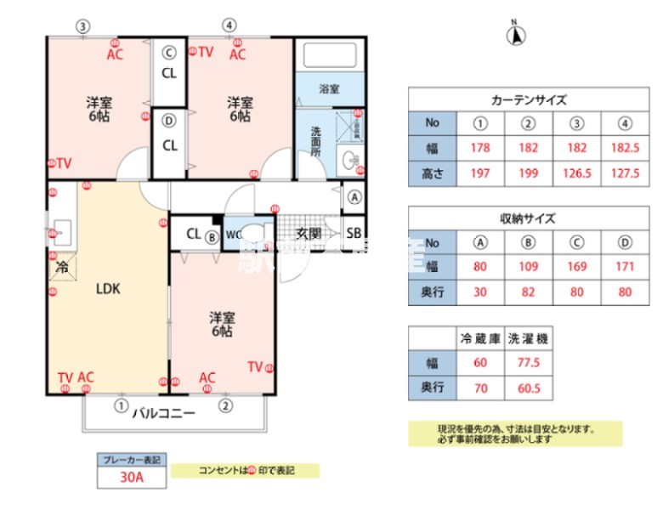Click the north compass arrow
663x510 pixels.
pyautogui.click(x=516, y=35)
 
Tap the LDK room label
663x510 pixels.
pyautogui.click(x=107, y=288)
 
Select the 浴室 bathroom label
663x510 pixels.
pyautogui.click(x=329, y=88)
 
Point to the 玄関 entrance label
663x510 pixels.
pyautogui.click(x=307, y=234)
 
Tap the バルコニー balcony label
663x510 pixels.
pyautogui.click(x=163, y=414)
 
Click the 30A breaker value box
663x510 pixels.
pyautogui.click(x=132, y=478)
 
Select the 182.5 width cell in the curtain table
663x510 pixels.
pyautogui.click(x=625, y=149)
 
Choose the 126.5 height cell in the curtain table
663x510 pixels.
pyautogui.click(x=577, y=174)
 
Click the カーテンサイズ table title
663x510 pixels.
pyautogui.click(x=529, y=99)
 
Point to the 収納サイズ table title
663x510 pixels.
pyautogui.click(x=529, y=218)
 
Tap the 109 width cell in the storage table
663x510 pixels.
pyautogui.click(x=529, y=267)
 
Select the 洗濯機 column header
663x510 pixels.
pyautogui.click(x=528, y=338)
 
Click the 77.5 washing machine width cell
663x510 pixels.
pyautogui.click(x=528, y=363)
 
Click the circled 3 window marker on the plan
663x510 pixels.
pyautogui.click(x=82, y=25)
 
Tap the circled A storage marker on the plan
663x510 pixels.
pyautogui.click(x=354, y=196)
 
